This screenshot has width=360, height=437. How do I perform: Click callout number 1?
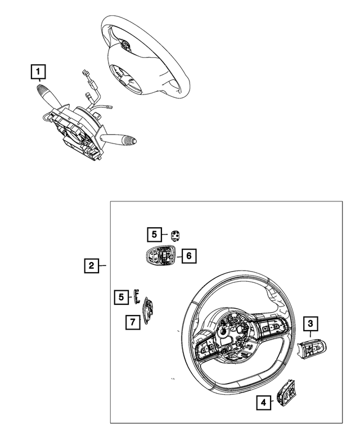click(x=38, y=72)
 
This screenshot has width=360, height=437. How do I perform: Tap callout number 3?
click(x=310, y=323)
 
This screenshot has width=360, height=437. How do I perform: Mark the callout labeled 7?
click(x=132, y=322)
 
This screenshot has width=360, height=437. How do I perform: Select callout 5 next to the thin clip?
click(x=121, y=295)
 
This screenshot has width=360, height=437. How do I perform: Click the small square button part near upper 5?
click(x=175, y=234)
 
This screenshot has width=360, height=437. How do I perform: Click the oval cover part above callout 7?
click(x=148, y=308)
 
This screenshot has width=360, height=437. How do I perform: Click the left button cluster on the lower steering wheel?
click(x=208, y=349)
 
